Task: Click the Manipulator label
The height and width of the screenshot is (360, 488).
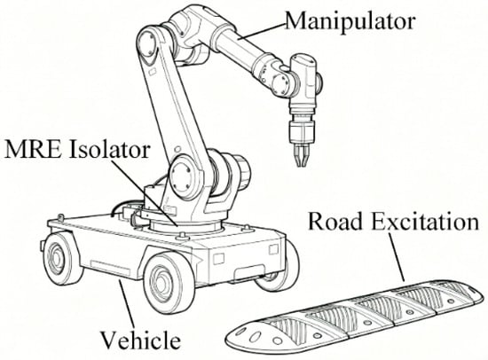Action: click(350, 21)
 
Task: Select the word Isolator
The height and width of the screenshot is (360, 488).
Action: click(109, 149)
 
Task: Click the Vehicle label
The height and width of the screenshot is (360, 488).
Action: click(140, 340)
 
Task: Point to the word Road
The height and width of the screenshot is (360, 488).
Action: click(335, 222)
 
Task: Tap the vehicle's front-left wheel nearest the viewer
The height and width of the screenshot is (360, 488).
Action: click(166, 283)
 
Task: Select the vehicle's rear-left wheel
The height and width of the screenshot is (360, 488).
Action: click(60, 258)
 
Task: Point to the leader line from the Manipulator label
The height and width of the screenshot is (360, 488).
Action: click(261, 31)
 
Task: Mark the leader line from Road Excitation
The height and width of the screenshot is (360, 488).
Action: click(397, 257)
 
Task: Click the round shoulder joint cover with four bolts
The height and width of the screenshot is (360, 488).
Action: click(182, 176)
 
